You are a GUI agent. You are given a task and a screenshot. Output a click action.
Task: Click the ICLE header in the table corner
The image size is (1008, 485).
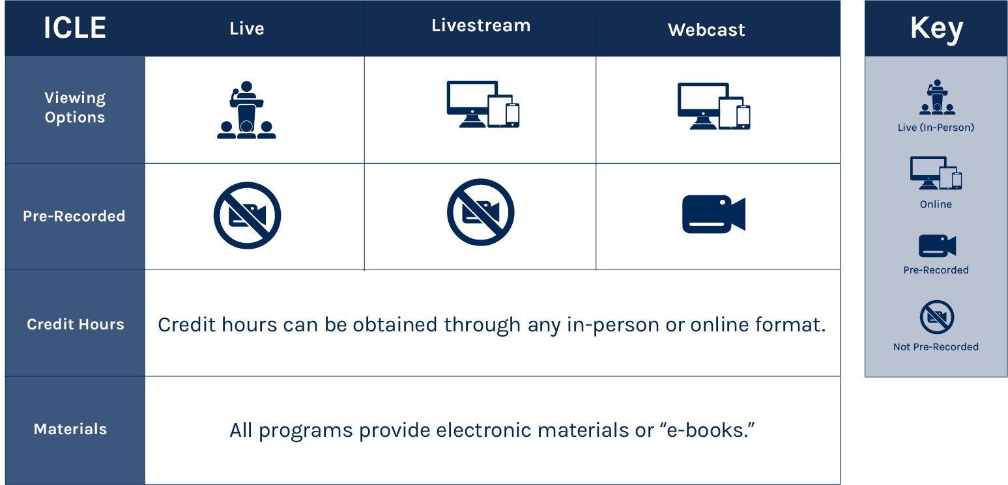point(75,29)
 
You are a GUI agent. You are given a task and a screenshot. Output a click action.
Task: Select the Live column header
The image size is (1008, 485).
point(246,29)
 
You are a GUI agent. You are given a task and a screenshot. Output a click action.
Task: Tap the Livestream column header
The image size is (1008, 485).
point(481,26)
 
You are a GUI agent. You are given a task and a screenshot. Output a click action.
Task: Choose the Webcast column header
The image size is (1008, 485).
point(706,30)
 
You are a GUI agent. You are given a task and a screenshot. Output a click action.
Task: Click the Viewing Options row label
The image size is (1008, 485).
point(75,107)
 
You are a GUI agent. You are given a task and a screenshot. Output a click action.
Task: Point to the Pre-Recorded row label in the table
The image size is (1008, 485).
point(74,216)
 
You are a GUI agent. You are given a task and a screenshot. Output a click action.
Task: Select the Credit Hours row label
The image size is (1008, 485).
point(76,324)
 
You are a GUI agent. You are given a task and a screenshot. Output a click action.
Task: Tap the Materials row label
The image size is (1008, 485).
point(70,429)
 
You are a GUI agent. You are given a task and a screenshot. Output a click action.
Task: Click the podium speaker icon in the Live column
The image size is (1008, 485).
point(246,110)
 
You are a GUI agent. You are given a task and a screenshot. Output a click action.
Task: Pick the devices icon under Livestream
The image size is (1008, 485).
point(483,104)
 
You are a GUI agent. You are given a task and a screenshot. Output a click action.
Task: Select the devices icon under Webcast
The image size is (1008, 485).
point(713,106)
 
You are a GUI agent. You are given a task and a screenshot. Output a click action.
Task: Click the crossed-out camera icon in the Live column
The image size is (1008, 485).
point(247,215)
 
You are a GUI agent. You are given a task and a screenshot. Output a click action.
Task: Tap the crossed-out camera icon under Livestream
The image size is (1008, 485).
point(481,212)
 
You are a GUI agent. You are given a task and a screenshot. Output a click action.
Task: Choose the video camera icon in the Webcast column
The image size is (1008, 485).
point(713,214)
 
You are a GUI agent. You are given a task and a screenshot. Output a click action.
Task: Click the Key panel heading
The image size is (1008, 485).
point(936,29)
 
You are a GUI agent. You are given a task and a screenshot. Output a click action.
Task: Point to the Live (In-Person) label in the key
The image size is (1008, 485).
point(936,128)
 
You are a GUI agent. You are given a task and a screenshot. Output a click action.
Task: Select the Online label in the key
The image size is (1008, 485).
point(936,204)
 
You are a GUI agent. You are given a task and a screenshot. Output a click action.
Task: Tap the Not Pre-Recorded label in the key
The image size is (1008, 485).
point(936,347)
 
